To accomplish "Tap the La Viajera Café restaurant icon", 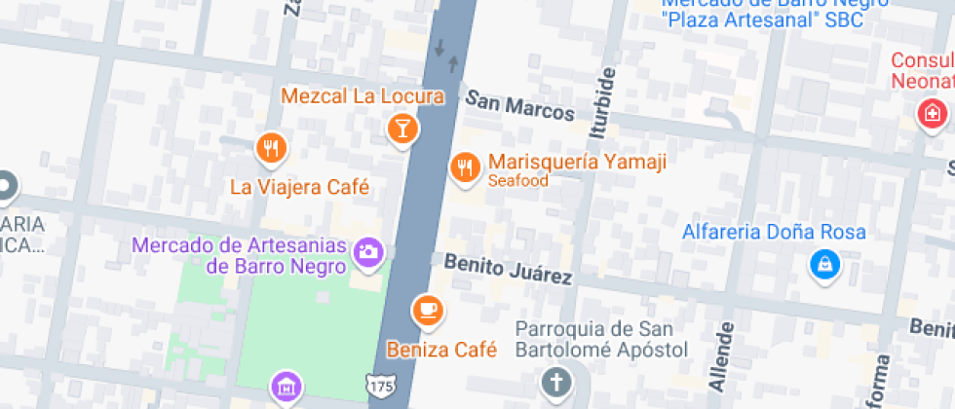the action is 270,148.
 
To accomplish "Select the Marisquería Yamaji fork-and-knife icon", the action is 465,167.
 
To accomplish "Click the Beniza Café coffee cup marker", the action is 427,310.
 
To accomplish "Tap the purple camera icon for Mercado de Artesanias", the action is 367,251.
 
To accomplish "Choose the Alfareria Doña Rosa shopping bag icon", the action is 824,263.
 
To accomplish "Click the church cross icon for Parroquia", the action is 556,382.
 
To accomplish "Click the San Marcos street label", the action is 519,106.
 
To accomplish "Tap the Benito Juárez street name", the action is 508,269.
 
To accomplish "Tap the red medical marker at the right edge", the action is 933,112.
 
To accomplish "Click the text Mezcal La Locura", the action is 363,96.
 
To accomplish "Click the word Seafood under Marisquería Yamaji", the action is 518,180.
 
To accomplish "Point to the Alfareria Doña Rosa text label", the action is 774,232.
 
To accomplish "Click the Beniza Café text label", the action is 441,349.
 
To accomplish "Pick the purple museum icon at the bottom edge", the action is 286,387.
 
